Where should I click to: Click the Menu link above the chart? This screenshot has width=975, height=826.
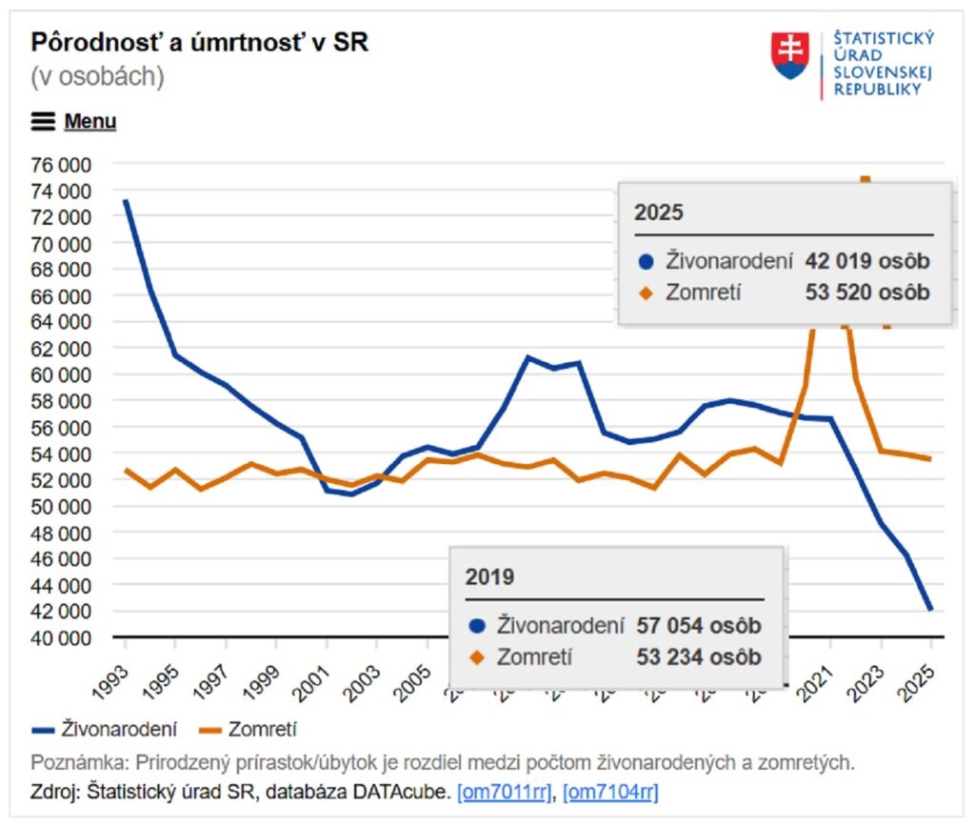click(90, 122)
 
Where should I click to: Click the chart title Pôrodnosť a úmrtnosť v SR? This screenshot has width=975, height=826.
click(199, 43)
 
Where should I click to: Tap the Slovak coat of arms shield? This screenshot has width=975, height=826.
click(789, 55)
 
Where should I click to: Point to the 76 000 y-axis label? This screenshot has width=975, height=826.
click(61, 164)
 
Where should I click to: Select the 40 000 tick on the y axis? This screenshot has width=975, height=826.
click(61, 637)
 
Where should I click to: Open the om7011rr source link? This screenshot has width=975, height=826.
click(505, 792)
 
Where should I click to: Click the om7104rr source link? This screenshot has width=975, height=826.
click(610, 792)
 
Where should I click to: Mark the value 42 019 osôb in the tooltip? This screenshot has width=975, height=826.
click(866, 261)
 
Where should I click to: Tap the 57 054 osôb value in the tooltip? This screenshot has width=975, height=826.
click(699, 626)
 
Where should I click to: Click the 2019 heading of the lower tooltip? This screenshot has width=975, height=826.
click(489, 577)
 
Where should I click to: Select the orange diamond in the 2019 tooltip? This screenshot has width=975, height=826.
click(477, 657)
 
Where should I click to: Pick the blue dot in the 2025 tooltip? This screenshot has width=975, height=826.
click(646, 261)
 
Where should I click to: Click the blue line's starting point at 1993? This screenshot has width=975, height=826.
click(126, 200)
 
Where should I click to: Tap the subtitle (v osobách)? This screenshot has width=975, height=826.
click(97, 77)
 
